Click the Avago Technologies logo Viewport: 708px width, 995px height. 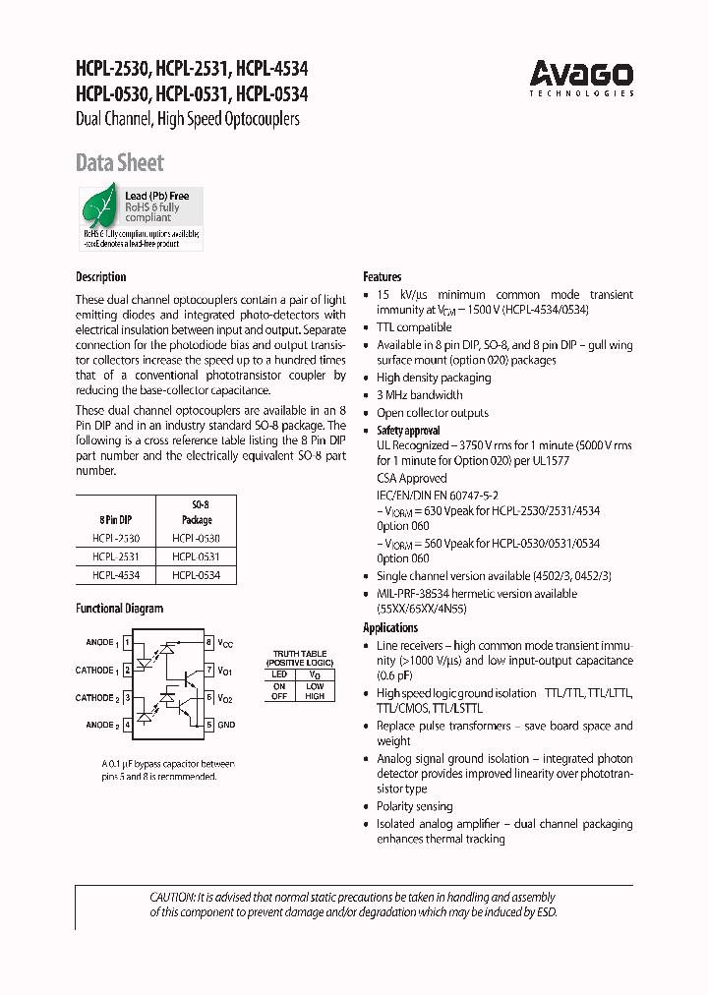581,77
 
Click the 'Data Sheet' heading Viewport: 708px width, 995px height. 120,163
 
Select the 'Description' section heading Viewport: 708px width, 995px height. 101,277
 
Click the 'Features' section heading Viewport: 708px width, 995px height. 383,277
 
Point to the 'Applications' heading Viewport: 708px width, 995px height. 390,627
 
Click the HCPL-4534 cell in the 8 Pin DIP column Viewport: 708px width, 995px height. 116,574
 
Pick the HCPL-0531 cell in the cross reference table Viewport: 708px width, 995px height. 197,556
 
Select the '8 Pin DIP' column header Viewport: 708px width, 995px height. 116,519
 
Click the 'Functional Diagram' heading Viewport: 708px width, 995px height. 119,609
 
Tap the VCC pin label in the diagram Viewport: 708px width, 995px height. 225,643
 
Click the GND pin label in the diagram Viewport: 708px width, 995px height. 226,726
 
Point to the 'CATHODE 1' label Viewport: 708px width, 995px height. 96,671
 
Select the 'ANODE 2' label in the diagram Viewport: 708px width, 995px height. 99,726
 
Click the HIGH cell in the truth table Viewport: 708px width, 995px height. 315,695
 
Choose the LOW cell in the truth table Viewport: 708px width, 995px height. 315,685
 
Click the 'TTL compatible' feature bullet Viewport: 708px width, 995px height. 414,327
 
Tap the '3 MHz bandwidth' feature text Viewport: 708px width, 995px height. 420,395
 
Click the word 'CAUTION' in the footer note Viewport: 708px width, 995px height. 172,897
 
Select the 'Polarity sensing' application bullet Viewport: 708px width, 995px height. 415,806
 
